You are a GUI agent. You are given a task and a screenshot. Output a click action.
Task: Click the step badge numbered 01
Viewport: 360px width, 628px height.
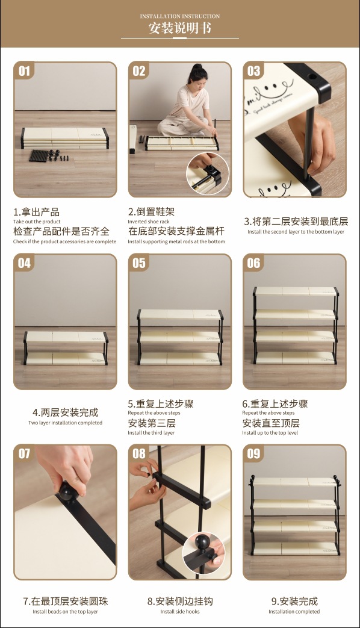click(x=24, y=71)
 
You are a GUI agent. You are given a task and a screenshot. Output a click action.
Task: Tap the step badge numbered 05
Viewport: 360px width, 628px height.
click(x=139, y=263)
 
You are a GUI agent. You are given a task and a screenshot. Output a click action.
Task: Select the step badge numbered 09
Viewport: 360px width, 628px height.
click(x=253, y=453)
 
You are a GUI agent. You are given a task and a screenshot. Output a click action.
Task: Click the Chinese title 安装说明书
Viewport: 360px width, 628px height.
click(x=180, y=28)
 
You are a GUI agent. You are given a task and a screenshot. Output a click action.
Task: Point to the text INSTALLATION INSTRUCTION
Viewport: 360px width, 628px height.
click(x=180, y=16)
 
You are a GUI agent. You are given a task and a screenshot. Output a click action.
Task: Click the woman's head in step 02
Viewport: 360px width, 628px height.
click(x=198, y=75)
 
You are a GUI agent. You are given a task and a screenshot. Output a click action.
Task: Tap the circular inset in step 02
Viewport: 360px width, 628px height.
click(x=208, y=173)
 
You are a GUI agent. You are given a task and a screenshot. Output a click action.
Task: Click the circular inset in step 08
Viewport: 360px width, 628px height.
click(x=203, y=553)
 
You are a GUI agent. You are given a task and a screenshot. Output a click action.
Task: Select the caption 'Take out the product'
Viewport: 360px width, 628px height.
click(x=37, y=222)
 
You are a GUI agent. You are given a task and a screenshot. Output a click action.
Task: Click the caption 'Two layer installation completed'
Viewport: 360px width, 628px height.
click(x=65, y=423)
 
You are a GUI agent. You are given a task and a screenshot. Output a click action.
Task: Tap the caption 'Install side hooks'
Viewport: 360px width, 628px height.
click(x=180, y=612)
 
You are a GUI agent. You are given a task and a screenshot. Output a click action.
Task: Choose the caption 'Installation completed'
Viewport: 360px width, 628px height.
click(x=294, y=612)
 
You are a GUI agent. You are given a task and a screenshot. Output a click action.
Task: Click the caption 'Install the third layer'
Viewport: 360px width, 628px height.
click(x=151, y=432)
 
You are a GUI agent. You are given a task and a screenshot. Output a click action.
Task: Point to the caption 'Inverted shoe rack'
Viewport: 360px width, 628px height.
click(x=149, y=222)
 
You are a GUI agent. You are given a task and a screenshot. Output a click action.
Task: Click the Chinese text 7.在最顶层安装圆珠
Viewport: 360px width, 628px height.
click(x=65, y=601)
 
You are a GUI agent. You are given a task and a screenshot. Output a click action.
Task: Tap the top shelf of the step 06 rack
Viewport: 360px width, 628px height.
click(x=296, y=291)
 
